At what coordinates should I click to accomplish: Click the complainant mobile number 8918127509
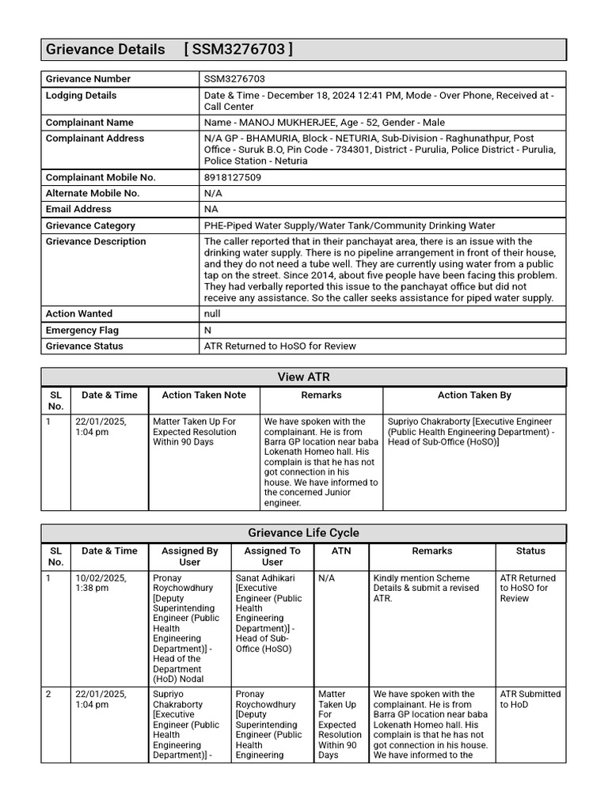233,177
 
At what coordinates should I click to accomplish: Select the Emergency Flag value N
207,330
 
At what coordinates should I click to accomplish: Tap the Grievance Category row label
90,225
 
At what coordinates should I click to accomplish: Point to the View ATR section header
303,377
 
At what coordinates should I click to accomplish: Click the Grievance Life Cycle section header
303,533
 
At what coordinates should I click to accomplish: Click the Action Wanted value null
212,314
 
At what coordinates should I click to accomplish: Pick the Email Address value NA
211,209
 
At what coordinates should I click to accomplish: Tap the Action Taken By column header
473,395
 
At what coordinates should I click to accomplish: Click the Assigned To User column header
272,556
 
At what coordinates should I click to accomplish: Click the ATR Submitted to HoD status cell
530,699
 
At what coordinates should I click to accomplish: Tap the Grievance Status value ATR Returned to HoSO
279,346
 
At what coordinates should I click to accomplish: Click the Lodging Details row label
81,95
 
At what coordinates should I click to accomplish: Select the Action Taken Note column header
203,395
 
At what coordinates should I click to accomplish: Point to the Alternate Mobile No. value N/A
212,193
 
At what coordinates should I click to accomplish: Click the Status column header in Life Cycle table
530,551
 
